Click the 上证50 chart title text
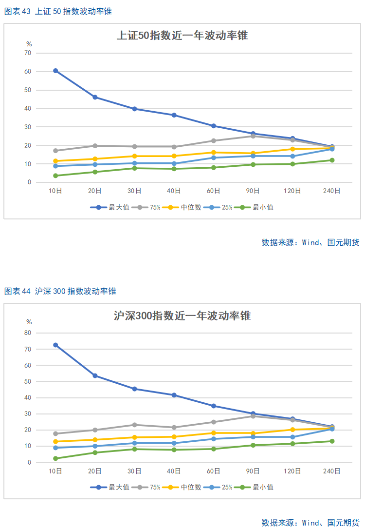tap(182, 35)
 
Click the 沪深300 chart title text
tap(182, 315)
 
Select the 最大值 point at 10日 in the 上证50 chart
tap(55, 71)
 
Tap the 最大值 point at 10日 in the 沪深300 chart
tap(55, 345)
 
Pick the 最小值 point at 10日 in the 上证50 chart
tap(55, 176)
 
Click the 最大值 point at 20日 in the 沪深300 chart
tap(95, 375)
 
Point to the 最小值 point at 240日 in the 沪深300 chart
tap(332, 441)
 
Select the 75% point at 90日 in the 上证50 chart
tap(253, 136)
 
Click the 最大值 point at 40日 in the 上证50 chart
tap(174, 115)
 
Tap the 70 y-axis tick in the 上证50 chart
tap(28, 53)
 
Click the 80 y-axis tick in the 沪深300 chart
tap(28, 333)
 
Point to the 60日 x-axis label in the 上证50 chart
tap(213, 191)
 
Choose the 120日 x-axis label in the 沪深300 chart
tap(292, 471)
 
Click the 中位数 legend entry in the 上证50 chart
tap(182, 207)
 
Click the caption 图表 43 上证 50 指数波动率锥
tap(58, 11)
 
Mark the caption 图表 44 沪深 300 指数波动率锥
tap(60, 291)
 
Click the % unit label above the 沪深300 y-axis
tap(29, 322)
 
